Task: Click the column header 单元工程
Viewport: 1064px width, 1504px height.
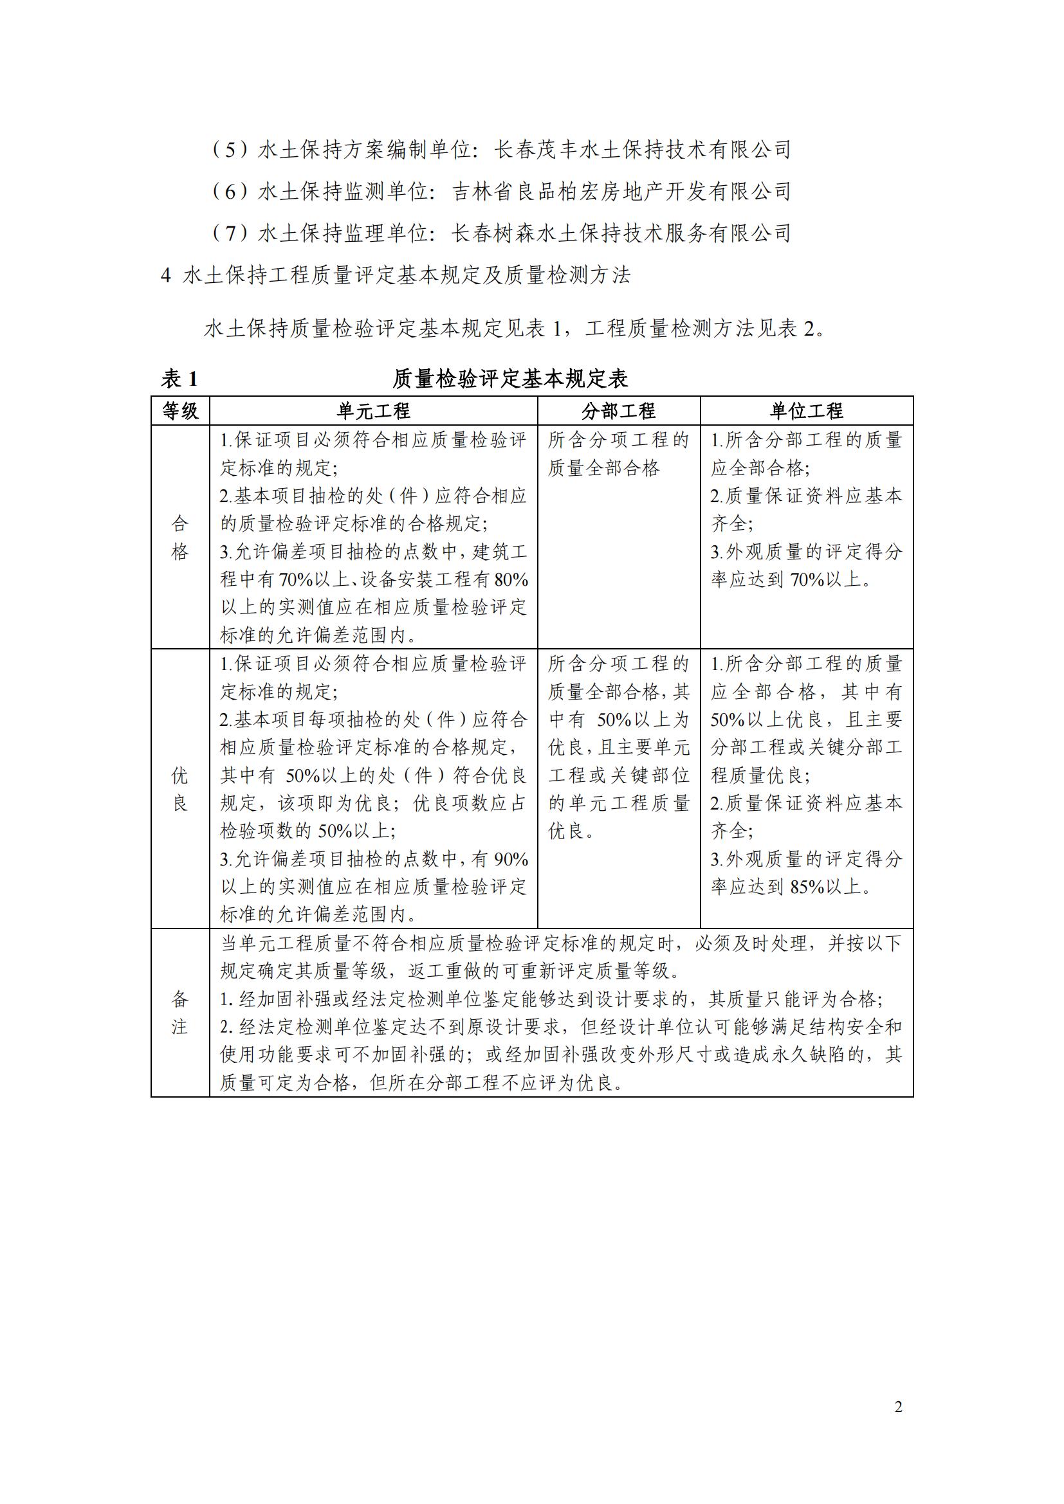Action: [374, 411]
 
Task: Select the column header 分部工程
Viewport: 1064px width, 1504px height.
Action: [618, 411]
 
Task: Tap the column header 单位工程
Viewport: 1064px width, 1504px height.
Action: [806, 411]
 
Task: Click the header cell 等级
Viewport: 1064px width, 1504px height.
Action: [180, 411]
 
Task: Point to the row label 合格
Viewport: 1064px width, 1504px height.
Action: [180, 537]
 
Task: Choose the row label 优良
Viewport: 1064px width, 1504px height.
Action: [180, 789]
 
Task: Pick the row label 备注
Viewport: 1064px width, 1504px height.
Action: [180, 1012]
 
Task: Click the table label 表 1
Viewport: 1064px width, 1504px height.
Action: [179, 379]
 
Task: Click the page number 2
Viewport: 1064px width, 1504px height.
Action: [898, 1406]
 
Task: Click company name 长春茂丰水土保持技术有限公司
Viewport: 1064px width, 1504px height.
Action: [642, 150]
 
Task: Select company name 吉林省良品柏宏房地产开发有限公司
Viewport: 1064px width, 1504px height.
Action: [621, 191]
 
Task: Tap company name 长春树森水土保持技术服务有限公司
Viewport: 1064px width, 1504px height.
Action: [621, 233]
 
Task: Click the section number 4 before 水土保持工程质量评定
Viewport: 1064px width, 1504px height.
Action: [166, 276]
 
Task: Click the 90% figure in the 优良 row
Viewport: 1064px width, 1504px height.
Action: [511, 860]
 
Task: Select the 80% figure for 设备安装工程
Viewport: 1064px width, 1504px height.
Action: [511, 580]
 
